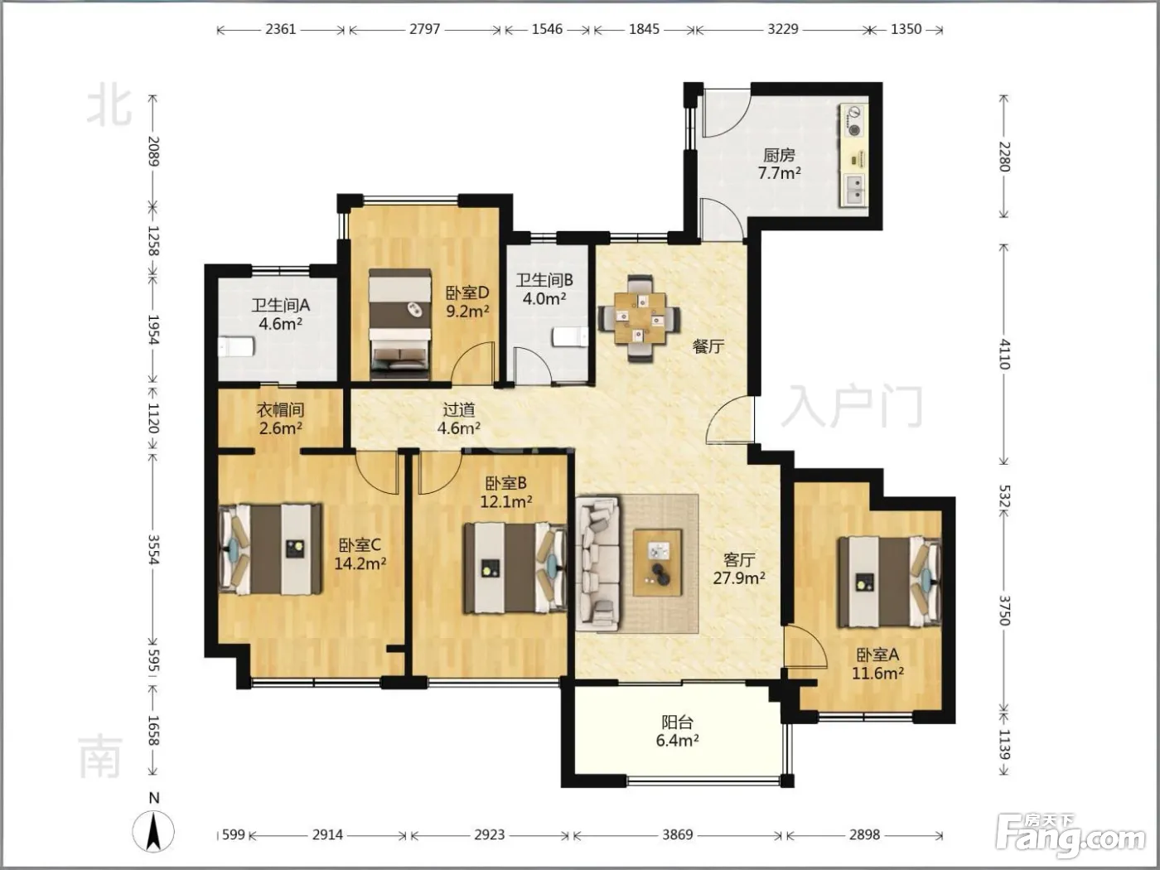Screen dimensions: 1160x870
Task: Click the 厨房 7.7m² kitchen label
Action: point(779,164)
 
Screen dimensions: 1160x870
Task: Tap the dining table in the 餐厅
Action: point(640,317)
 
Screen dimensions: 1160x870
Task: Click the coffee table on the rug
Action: point(658,563)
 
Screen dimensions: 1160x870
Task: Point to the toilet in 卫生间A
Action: point(237,346)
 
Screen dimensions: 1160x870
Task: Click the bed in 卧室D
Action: point(399,324)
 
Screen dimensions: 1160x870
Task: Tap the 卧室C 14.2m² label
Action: point(360,554)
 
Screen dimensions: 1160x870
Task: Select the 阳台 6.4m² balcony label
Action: point(678,731)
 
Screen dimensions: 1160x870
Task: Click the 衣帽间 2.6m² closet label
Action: point(281,418)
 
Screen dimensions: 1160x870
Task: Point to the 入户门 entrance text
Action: point(852,406)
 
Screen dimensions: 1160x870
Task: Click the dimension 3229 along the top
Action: point(783,29)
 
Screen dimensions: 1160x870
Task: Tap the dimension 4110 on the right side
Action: point(1004,355)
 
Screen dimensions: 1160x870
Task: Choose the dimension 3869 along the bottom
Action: point(678,834)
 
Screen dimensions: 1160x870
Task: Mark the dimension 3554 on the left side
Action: point(153,549)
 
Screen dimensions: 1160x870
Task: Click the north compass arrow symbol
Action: point(153,831)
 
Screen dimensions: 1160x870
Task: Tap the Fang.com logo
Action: point(1071,836)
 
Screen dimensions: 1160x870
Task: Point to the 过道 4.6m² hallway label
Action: point(459,418)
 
